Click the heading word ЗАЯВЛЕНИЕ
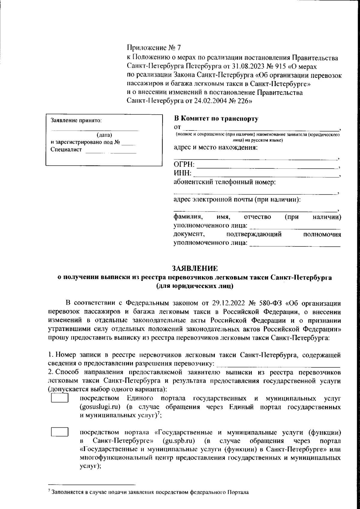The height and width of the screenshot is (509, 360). click(194, 268)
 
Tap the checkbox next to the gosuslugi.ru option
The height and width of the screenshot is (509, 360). click(60, 398)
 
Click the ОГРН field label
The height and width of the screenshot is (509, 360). click(184, 165)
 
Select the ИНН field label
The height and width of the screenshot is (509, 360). click(183, 173)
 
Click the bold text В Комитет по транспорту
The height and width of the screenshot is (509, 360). click(216, 119)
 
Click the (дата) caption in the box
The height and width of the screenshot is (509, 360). click(104, 134)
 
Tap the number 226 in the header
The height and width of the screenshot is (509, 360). click(242, 101)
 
